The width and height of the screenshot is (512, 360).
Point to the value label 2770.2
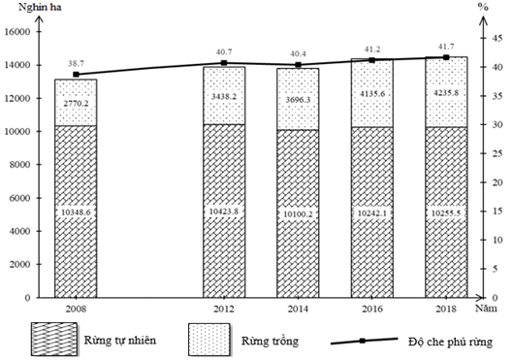[76, 101]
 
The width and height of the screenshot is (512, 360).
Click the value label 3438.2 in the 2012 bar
[224, 97]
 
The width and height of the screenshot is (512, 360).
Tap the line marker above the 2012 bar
[224, 63]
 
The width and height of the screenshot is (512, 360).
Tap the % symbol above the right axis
[481, 8]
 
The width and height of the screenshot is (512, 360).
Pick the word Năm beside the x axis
[489, 307]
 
